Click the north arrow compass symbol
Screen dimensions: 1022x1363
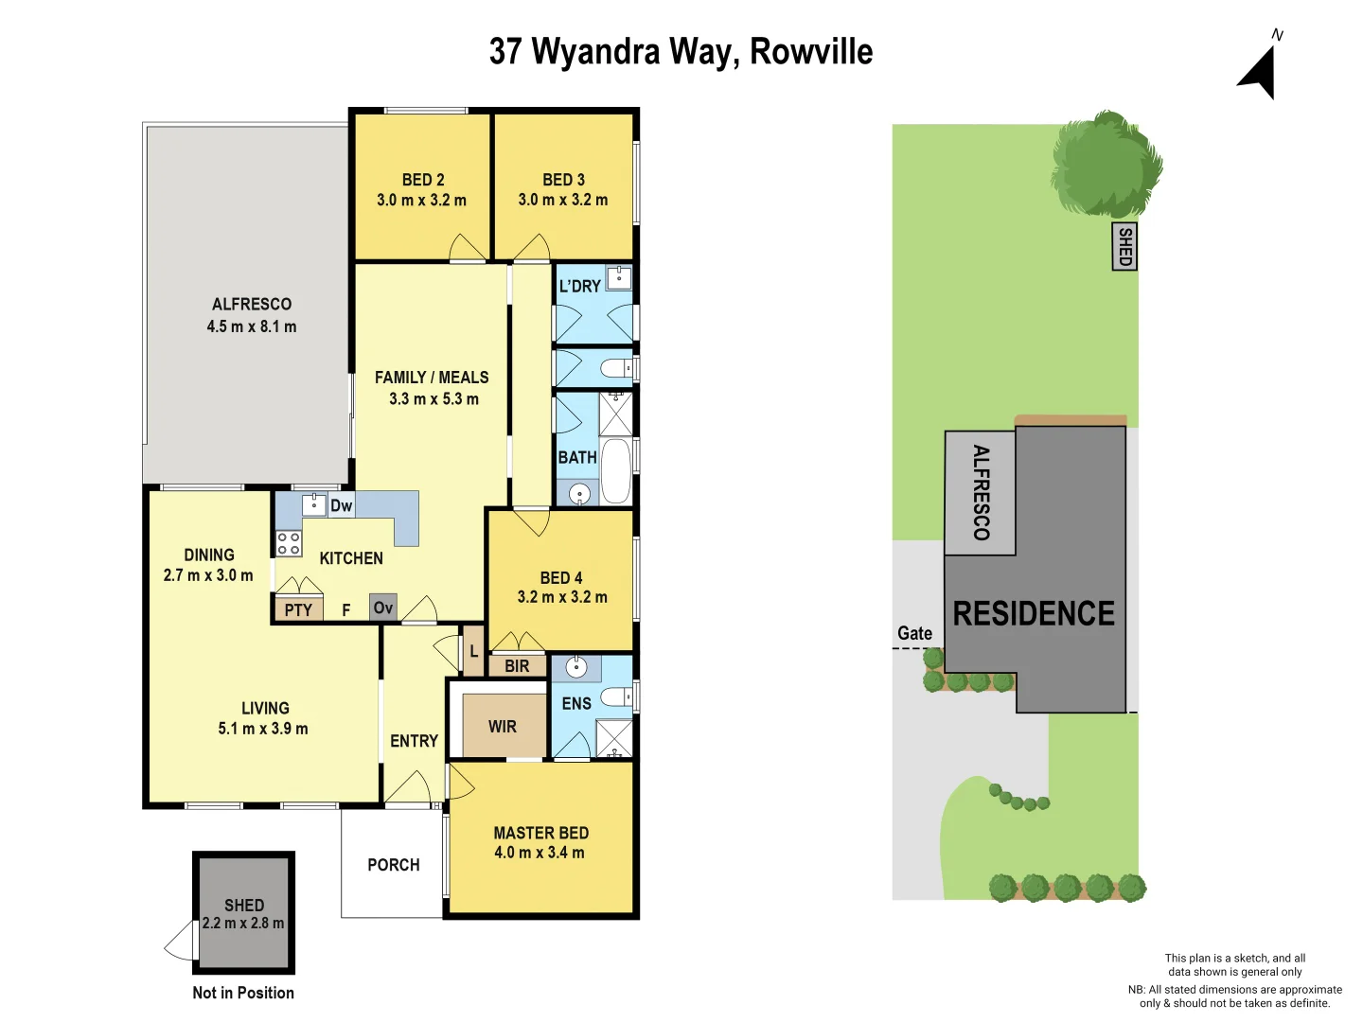[x=1261, y=70]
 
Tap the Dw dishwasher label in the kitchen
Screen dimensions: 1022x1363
[x=341, y=505]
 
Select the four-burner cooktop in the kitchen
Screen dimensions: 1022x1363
[x=289, y=543]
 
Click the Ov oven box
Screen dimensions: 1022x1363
[x=383, y=608]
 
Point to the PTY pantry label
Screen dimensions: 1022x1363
[x=298, y=610]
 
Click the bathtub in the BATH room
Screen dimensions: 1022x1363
[x=616, y=470]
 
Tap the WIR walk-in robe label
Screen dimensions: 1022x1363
[x=503, y=727]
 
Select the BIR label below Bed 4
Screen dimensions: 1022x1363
[x=517, y=666]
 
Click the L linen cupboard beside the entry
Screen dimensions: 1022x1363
[x=474, y=651]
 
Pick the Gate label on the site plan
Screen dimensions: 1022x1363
[x=914, y=633]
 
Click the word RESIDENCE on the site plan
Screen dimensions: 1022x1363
[x=1034, y=613]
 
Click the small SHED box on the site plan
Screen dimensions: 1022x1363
[x=1124, y=246]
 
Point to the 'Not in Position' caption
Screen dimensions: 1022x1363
[x=243, y=993]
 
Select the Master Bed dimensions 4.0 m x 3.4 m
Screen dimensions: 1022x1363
[x=540, y=853]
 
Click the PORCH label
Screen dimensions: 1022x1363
[x=394, y=865]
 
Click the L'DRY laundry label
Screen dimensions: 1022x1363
[x=579, y=286]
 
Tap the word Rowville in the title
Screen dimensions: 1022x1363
[x=811, y=52]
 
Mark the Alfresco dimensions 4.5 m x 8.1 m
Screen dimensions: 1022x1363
[x=252, y=326]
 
